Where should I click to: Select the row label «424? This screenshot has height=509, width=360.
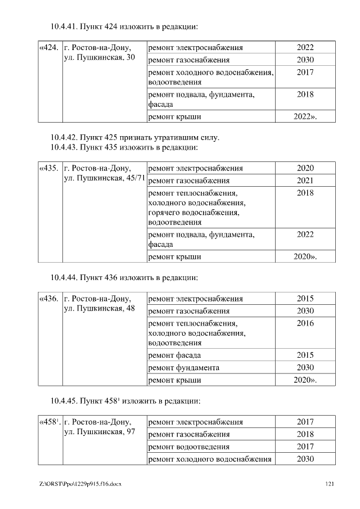[49, 48]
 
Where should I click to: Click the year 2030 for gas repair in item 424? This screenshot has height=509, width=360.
[305, 60]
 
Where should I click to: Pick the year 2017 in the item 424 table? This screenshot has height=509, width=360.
[305, 73]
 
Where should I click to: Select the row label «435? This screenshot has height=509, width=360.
[49, 168]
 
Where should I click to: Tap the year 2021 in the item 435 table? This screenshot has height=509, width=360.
[305, 181]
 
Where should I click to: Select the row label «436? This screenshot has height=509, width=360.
[49, 299]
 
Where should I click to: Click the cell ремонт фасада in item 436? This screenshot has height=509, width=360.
[174, 355]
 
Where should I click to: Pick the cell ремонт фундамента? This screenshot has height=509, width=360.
[183, 367]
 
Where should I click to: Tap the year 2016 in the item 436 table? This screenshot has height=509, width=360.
[305, 323]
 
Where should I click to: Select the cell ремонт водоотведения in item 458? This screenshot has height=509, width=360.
[188, 447]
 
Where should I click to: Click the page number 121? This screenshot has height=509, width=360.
[330, 484]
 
